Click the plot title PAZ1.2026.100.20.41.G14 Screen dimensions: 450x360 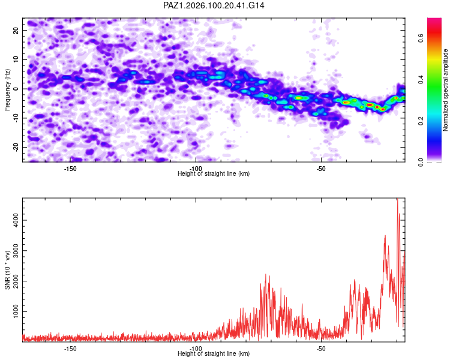(214, 5)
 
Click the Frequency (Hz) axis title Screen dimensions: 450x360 (7, 90)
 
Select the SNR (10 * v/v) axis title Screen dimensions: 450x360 (7, 270)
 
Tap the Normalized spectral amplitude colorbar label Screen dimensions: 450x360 (445, 90)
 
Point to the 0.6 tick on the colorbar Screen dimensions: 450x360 (421, 38)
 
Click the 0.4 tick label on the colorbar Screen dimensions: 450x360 (421, 80)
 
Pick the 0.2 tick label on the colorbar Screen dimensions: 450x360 (421, 121)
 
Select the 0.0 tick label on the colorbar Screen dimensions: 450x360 (421, 162)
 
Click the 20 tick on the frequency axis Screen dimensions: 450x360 (16, 30)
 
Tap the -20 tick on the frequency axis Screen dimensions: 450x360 (16, 147)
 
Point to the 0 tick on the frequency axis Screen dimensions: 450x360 (16, 89)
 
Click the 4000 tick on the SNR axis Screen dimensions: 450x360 (16, 220)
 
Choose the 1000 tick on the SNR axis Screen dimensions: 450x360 (16, 311)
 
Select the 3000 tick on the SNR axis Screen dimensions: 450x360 (16, 251)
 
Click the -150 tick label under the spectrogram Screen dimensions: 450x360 (70, 169)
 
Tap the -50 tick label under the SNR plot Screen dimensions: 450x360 (321, 349)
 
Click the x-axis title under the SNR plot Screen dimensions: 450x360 (214, 353)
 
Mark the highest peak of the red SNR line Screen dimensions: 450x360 (397, 199)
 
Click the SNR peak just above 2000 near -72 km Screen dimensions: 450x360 (265, 274)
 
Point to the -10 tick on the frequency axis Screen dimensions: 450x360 (16, 118)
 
